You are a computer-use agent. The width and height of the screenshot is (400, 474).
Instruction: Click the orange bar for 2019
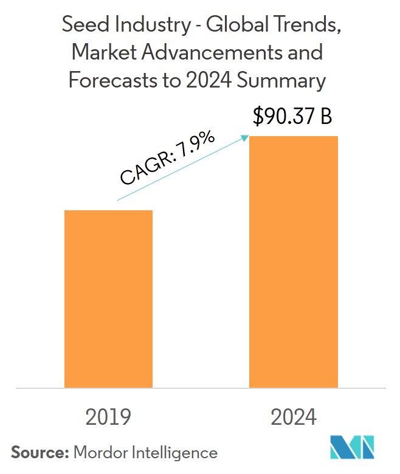108,298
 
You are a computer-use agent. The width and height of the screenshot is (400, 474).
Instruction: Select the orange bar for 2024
294,261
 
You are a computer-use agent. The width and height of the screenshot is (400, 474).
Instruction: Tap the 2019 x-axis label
108,417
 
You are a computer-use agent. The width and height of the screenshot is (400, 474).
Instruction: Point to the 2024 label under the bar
294,417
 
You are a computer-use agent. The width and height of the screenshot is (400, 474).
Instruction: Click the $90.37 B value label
293,117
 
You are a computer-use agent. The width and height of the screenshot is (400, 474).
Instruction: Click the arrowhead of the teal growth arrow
246,138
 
